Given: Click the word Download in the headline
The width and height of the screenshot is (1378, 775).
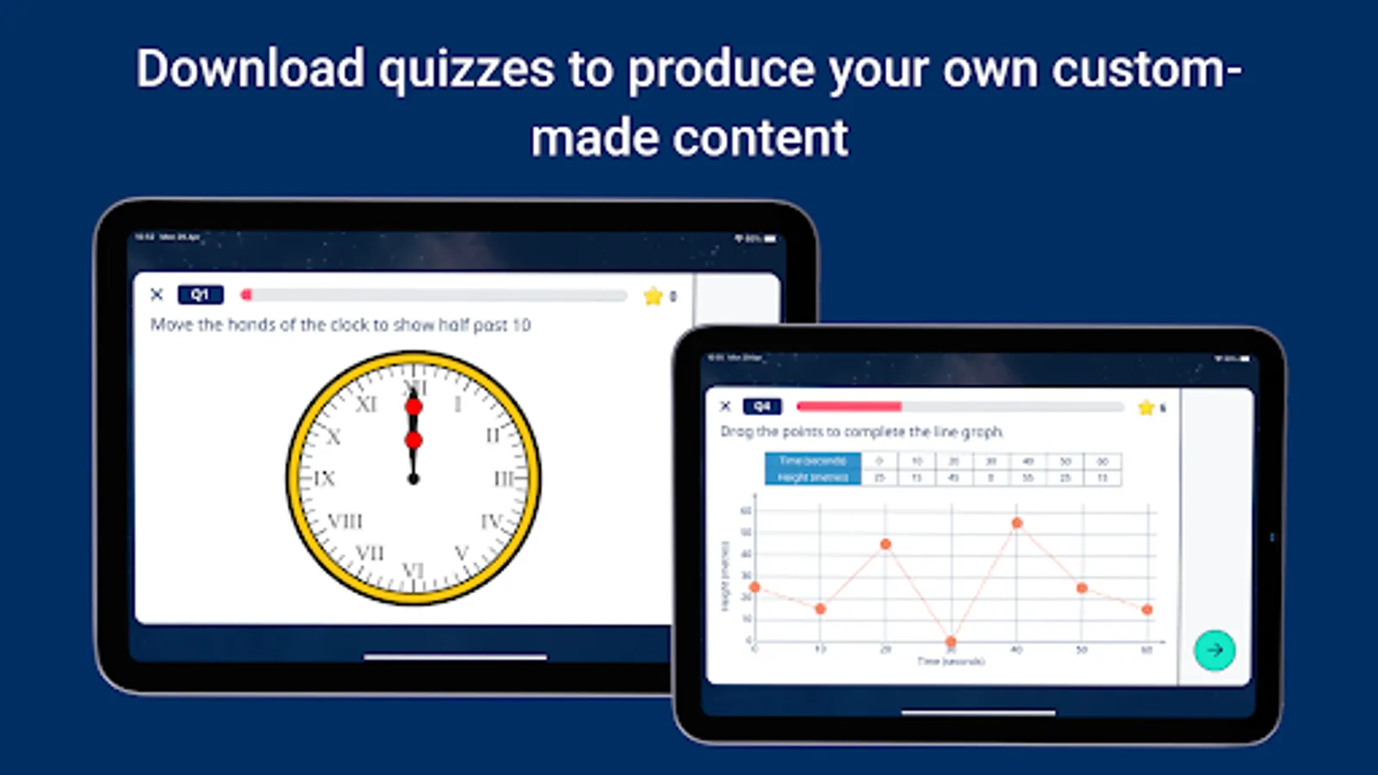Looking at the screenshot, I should click(x=250, y=69).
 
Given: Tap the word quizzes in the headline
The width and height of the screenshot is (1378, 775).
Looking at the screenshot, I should click(x=466, y=71).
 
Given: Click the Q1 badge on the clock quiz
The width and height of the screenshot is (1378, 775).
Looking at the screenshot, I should click(x=200, y=294).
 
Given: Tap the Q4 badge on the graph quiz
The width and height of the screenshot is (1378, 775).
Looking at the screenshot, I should click(x=762, y=406).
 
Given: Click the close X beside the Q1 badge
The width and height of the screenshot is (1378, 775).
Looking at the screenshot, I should click(x=157, y=294).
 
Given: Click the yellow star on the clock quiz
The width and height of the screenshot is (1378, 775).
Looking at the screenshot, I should click(x=653, y=296).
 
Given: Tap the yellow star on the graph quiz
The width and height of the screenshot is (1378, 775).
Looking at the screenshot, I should click(x=1145, y=407).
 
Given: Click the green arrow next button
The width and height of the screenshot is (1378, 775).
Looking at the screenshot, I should click(x=1214, y=650).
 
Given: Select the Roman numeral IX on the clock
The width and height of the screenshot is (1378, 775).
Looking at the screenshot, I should click(x=324, y=478).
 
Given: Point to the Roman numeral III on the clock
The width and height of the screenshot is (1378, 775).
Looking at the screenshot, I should click(x=505, y=478).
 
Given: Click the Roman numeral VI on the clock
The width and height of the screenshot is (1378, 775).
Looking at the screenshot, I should click(x=413, y=570).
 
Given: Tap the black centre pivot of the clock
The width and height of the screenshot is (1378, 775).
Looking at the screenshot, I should click(x=413, y=479).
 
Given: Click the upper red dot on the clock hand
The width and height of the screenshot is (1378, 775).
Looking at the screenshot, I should click(x=414, y=406).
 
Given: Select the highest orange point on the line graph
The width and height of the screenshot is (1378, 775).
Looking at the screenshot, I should click(x=1017, y=523).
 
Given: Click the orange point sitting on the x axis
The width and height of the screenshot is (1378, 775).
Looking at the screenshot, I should click(x=951, y=642).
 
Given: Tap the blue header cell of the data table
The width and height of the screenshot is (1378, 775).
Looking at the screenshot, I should click(x=812, y=468).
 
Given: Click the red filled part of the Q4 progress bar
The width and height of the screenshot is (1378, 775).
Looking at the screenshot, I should click(x=848, y=406).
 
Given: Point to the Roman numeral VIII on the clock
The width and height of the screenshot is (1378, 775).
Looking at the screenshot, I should click(x=345, y=521).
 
